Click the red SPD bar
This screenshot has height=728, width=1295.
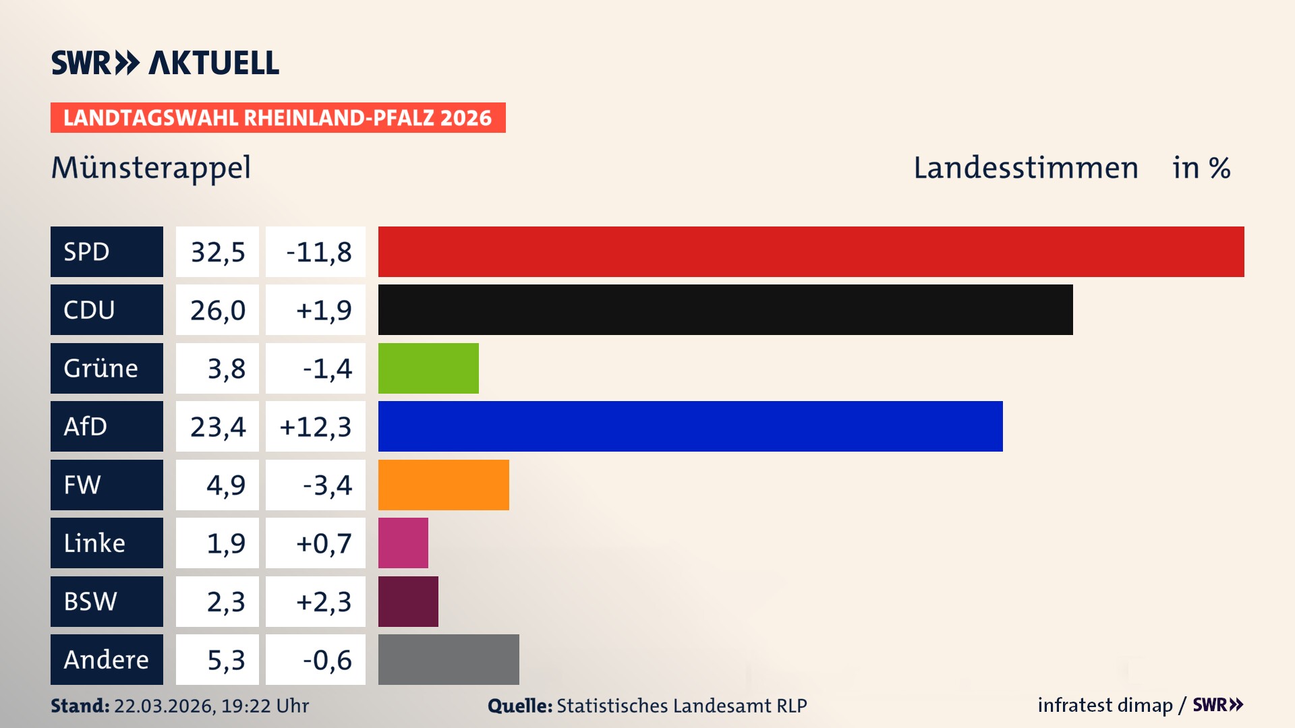[811, 251]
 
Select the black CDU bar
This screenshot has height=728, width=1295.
[725, 310]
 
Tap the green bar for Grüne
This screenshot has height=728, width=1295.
[428, 368]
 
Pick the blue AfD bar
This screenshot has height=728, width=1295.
[690, 427]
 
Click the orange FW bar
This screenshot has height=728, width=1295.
[443, 485]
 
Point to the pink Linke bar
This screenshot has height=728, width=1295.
[403, 543]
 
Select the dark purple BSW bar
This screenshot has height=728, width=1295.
[408, 601]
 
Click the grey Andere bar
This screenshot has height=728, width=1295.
[449, 659]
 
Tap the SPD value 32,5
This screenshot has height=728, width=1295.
[217, 252]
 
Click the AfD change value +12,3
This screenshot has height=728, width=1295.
[315, 427]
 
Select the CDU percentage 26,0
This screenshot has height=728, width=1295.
[217, 310]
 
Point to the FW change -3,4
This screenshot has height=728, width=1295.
[326, 485]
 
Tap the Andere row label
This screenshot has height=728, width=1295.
[107, 659]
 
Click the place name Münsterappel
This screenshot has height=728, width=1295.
[151, 168]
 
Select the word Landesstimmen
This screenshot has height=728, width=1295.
[1025, 168]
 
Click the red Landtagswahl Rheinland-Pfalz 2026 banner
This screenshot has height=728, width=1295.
[278, 118]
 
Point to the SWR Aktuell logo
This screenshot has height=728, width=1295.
[165, 63]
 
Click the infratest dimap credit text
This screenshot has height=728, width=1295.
[1105, 705]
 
